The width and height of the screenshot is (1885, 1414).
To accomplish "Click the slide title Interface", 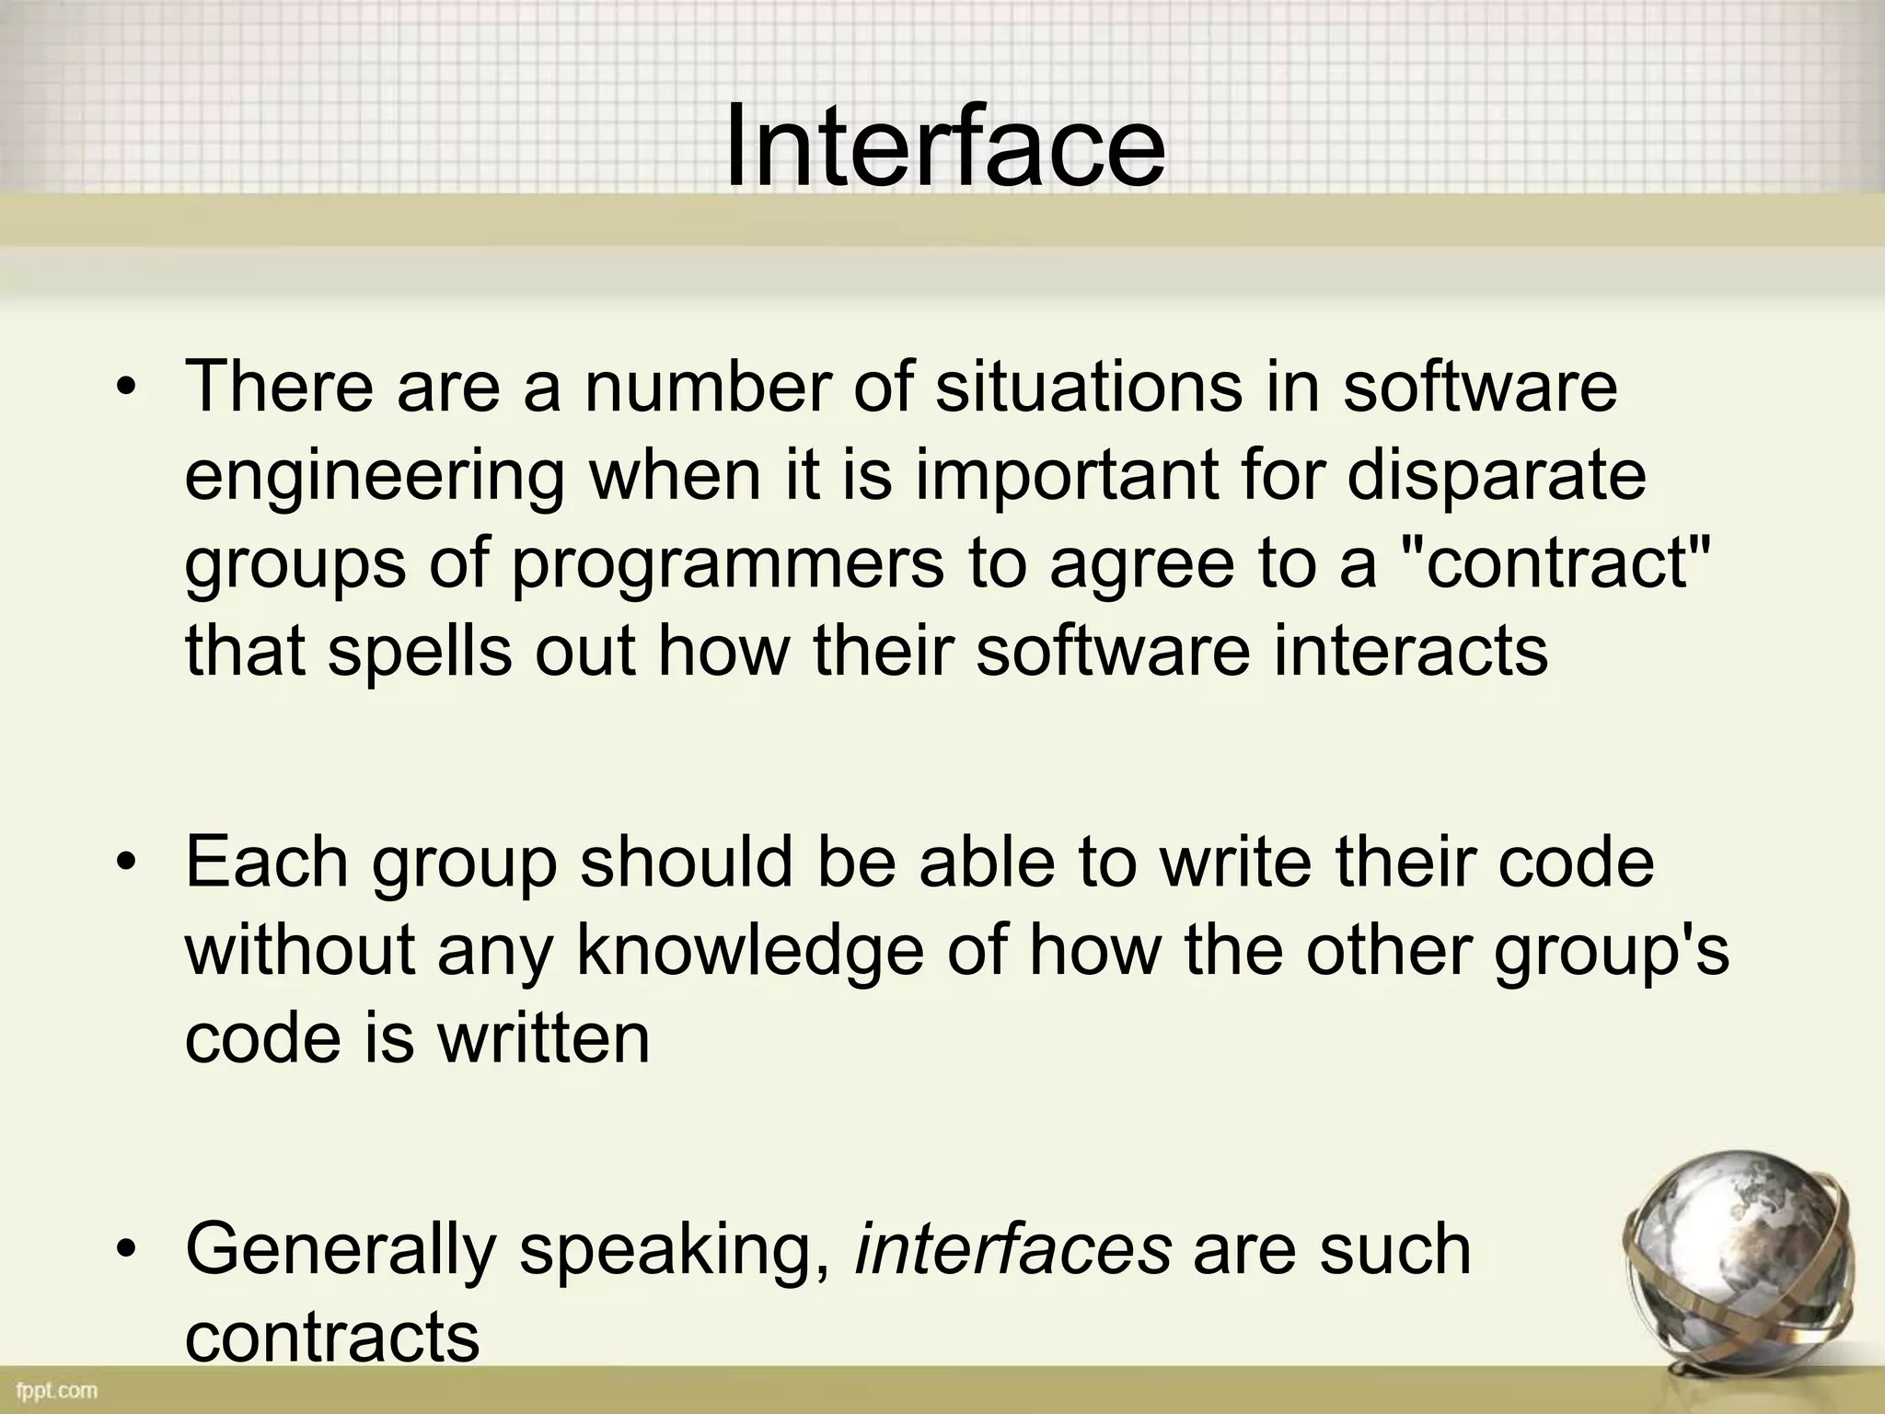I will click(x=944, y=147).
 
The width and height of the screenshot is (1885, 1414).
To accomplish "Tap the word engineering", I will click(x=375, y=476).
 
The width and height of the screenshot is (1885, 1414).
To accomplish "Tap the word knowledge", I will click(x=750, y=951).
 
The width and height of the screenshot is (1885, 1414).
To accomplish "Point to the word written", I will click(x=543, y=1037).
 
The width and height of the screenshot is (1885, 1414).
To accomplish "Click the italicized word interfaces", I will click(x=1013, y=1249).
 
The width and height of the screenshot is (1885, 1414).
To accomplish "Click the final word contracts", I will click(x=332, y=1337).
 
